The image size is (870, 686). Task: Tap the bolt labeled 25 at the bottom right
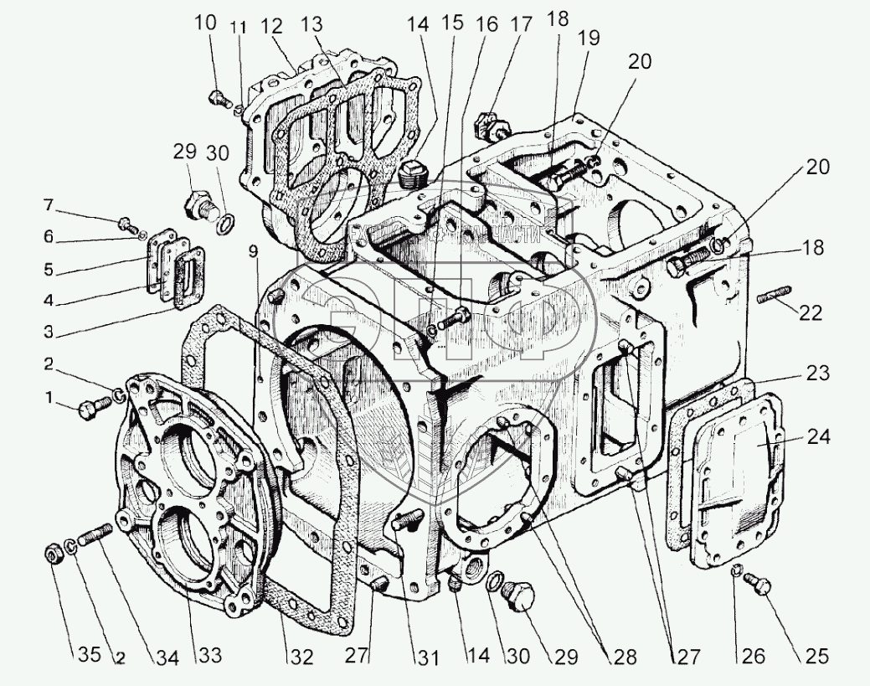pos(762,587)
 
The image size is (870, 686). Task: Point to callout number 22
pos(811,313)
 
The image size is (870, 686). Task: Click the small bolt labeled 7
pos(126,224)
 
